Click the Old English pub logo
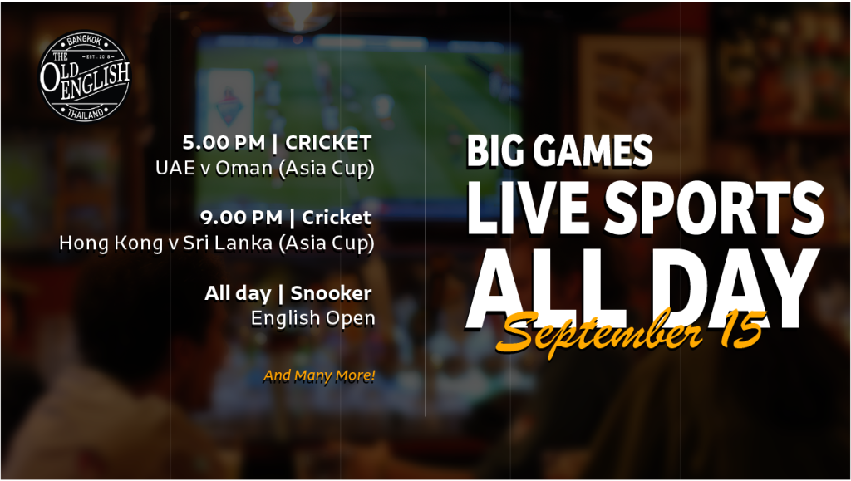coord(85,76)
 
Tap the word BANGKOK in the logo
coord(85,42)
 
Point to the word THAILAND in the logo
coord(86,113)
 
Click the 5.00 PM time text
coord(224,143)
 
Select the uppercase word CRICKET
coord(328,143)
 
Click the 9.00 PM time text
coord(241,218)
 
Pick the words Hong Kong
coord(111,243)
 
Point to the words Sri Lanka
coord(228,243)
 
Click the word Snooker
coord(331,292)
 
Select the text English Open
coord(313,318)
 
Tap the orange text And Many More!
coord(319,375)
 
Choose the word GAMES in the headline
coord(584,150)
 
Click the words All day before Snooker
coord(238,293)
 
